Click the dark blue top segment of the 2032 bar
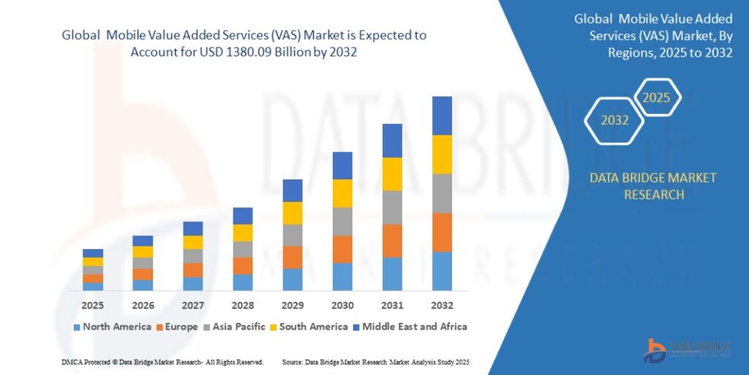point(442,115)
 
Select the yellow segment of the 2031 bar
point(392,174)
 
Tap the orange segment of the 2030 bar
point(342,249)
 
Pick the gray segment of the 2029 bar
point(293,235)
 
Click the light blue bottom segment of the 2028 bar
point(243,282)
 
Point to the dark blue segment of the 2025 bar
point(93,253)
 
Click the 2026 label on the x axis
point(143,305)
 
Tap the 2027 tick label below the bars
point(193,305)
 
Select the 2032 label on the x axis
point(442,305)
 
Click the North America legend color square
point(76,327)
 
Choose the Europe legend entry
point(176,327)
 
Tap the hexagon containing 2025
point(656,97)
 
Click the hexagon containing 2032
point(614,120)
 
